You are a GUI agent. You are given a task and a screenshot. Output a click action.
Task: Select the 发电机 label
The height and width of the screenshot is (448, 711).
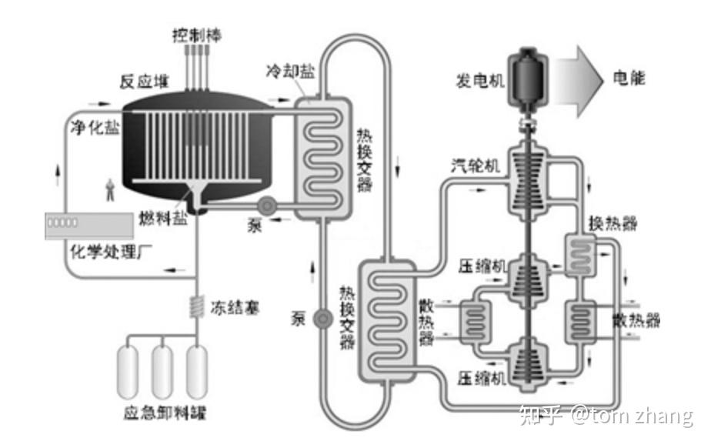point(479,79)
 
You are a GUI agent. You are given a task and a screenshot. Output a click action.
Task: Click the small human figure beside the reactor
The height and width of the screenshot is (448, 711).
point(112,189)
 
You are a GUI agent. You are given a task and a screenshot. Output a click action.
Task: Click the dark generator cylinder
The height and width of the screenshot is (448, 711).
point(530,77)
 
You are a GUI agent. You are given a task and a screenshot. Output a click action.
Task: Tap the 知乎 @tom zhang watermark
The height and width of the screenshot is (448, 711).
point(606,416)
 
